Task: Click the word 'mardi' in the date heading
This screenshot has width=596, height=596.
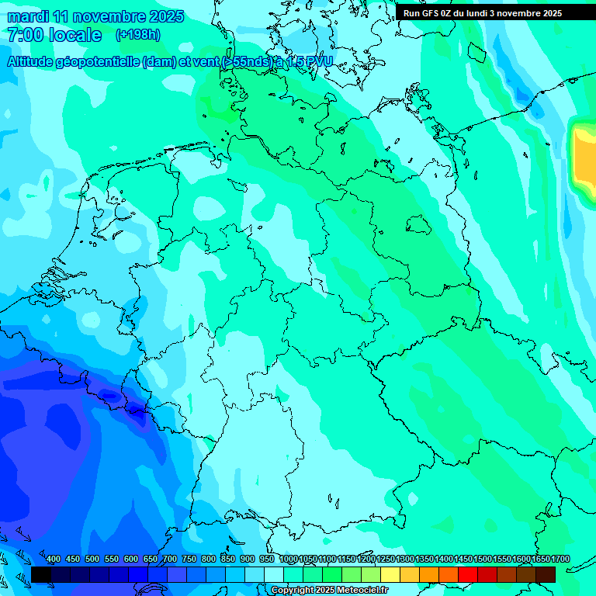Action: [26, 16]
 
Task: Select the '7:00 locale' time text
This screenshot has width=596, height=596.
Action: [54, 35]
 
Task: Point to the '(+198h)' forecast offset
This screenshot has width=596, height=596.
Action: [137, 35]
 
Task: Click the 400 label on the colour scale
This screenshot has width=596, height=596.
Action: [54, 559]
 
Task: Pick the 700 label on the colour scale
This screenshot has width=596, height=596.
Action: [170, 559]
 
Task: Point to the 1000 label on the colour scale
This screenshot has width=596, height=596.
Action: [289, 559]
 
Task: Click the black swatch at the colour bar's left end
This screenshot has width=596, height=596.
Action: [41, 574]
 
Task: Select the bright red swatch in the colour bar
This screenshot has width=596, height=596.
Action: [468, 574]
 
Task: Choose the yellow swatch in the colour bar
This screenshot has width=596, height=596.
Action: [390, 574]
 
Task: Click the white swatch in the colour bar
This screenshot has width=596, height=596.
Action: [274, 574]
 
